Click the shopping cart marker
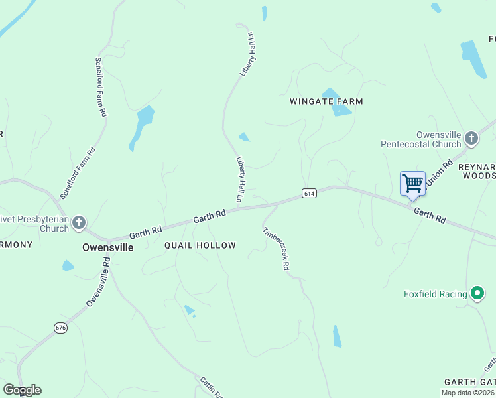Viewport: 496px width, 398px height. (x=412, y=184)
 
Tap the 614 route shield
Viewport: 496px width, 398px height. (x=308, y=194)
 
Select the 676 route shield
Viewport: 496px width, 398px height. (x=60, y=328)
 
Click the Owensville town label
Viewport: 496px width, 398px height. (x=107, y=247)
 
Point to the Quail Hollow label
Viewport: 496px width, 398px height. (x=200, y=245)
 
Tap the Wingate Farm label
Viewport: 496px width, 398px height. (x=326, y=101)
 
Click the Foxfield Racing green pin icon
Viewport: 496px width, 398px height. (x=477, y=293)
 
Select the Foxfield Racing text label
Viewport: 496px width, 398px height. (x=435, y=294)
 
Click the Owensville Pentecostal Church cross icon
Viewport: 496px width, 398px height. (x=471, y=139)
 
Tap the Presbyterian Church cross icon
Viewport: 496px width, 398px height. (x=79, y=222)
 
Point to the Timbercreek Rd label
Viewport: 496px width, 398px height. (x=277, y=249)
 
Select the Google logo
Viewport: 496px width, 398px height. (x=22, y=390)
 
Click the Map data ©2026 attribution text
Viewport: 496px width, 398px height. (x=467, y=393)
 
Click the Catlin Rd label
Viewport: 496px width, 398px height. (x=211, y=387)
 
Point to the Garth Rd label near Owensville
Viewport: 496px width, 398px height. (x=146, y=232)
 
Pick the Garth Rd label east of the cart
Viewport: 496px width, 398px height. (x=430, y=214)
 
